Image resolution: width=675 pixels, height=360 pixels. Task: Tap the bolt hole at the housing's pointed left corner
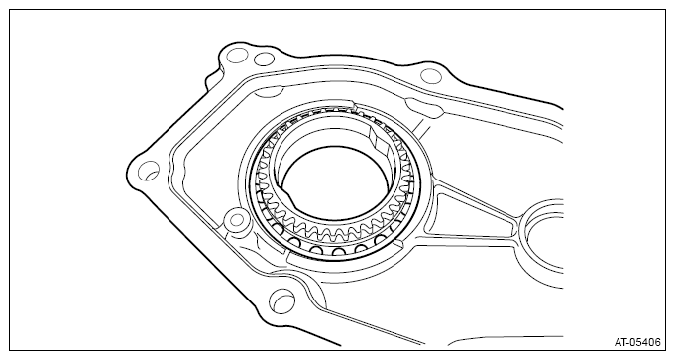(x=149, y=171)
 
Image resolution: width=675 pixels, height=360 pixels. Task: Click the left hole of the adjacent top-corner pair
(x=237, y=56)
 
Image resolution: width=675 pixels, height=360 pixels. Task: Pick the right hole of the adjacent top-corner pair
(x=264, y=59)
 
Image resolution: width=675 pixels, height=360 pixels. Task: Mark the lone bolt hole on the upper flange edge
(x=430, y=76)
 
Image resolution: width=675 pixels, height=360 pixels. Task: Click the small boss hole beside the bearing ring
(x=236, y=220)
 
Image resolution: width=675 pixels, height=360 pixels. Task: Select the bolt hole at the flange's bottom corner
(x=281, y=300)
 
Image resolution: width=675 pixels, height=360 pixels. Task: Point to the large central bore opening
(x=337, y=180)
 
